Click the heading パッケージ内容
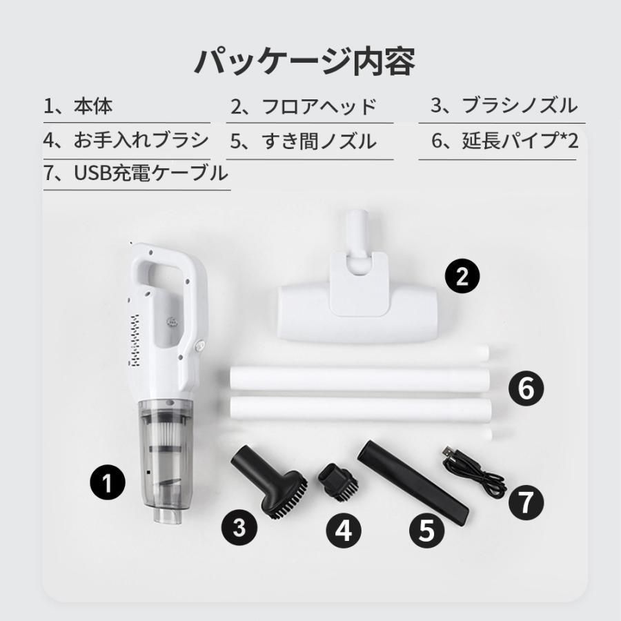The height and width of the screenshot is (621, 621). pos(304,61)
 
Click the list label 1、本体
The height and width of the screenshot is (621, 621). pos(78,106)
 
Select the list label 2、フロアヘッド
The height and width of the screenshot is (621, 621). pos(304,107)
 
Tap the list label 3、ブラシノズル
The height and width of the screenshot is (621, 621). pos(504,106)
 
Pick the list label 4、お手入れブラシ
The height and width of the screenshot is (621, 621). pos(126,140)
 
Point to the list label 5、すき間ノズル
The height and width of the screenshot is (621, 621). pos(304,141)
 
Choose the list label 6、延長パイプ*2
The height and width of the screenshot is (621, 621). pos(504,141)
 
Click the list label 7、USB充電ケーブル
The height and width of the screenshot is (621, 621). pos(135,173)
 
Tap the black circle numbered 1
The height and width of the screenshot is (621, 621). pos(107,482)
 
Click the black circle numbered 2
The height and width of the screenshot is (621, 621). pos(462,277)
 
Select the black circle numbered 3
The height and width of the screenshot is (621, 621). pos(239,529)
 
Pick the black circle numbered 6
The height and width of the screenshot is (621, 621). pos(526,389)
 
